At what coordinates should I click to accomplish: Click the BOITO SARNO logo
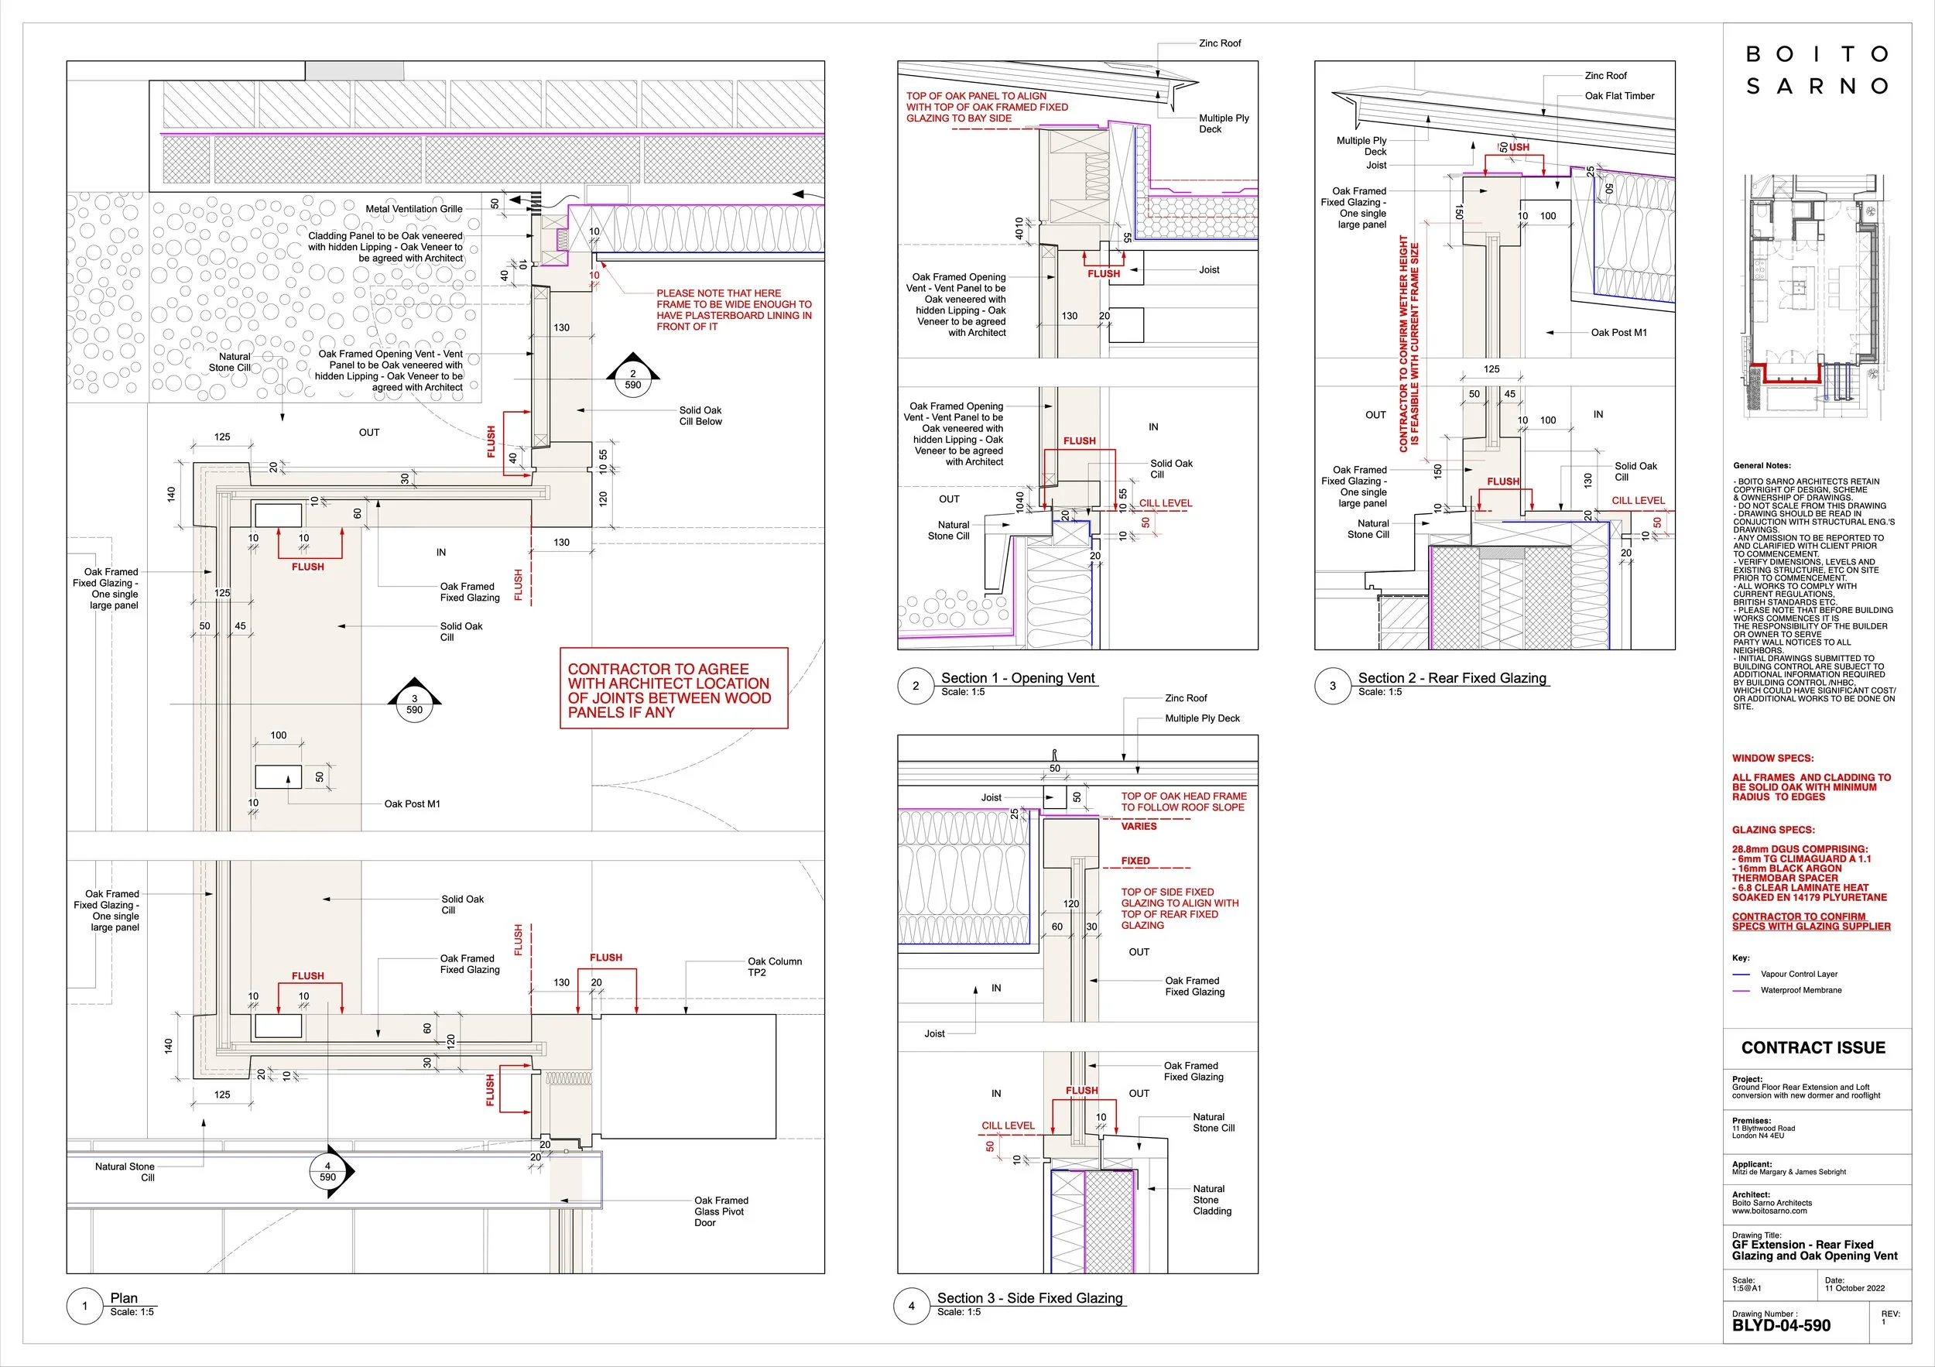click(1816, 70)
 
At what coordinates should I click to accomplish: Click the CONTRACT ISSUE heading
click(1813, 1047)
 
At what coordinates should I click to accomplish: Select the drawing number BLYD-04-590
click(1781, 1326)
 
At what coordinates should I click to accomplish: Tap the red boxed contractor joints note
click(673, 689)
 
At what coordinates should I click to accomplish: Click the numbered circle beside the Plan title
click(84, 1307)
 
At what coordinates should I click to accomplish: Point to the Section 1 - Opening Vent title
click(1017, 678)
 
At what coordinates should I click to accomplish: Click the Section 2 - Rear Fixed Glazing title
click(1451, 678)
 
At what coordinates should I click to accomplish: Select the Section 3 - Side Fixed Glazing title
click(1029, 1299)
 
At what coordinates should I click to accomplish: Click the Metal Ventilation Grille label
click(414, 209)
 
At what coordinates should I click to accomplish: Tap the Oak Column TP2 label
click(774, 967)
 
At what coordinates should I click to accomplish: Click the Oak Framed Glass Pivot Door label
click(721, 1211)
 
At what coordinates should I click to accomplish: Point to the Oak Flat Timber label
click(1619, 96)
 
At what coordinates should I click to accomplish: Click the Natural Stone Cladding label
click(1212, 1199)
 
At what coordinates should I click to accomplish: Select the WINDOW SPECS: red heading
click(1772, 759)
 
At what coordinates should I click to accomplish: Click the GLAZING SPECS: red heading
click(1773, 830)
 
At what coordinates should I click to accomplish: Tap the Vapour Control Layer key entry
click(1799, 975)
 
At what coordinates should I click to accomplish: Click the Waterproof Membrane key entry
click(1800, 990)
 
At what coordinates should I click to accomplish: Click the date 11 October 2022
click(1854, 1288)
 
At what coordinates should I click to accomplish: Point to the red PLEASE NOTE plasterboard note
click(733, 310)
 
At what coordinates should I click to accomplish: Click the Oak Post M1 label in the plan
click(412, 804)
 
